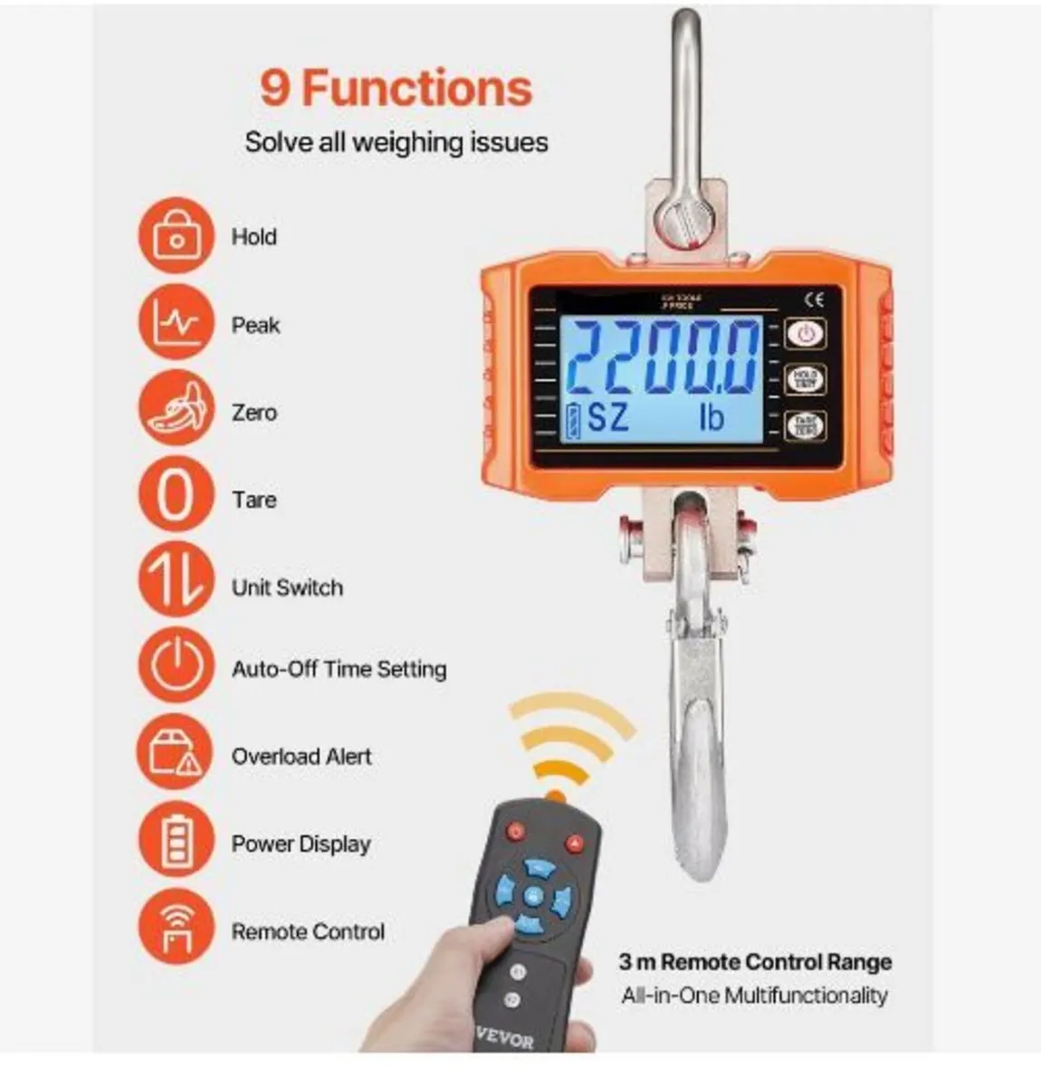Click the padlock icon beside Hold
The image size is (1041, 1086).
pyautogui.click(x=177, y=236)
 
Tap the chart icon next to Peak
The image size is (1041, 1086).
pyautogui.click(x=177, y=323)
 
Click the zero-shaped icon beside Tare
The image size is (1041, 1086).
pyautogui.click(x=177, y=498)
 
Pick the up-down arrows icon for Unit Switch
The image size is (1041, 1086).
pyautogui.click(x=177, y=584)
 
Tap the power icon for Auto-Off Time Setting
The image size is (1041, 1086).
pyautogui.click(x=177, y=668)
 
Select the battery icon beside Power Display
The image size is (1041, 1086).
pyautogui.click(x=177, y=842)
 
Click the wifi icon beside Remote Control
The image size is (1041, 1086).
pyautogui.click(x=177, y=929)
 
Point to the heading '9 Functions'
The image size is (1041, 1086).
pyautogui.click(x=396, y=89)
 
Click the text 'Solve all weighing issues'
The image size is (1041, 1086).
pyautogui.click(x=396, y=142)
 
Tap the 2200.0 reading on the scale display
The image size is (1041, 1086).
pyautogui.click(x=664, y=357)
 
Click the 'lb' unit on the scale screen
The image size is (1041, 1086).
pyautogui.click(x=712, y=417)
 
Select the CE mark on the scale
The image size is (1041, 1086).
pyautogui.click(x=814, y=300)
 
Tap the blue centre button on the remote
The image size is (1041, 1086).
pyautogui.click(x=533, y=897)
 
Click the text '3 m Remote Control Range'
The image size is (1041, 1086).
pyautogui.click(x=755, y=962)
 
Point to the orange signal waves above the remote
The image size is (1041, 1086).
pyautogui.click(x=570, y=742)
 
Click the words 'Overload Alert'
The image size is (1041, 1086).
pyautogui.click(x=301, y=756)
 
